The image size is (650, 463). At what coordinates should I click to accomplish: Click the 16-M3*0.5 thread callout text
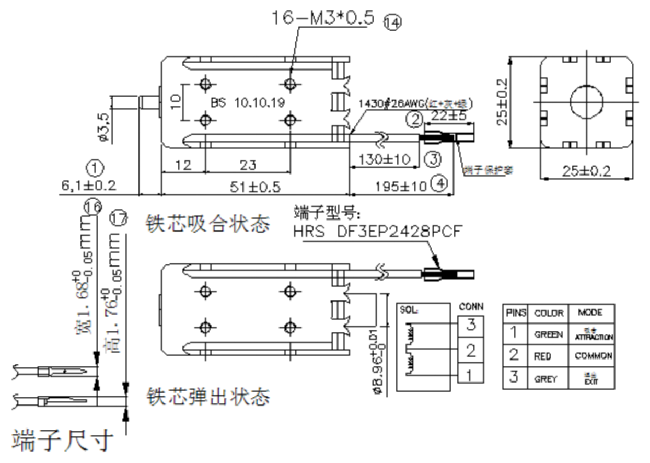[x=322, y=17]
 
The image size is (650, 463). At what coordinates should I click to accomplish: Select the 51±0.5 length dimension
[x=256, y=187]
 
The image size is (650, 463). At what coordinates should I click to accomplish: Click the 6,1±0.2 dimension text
[x=89, y=185]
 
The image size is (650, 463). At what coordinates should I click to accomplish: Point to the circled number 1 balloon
[x=95, y=168]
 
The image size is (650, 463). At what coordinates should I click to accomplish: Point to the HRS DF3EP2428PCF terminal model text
[x=379, y=231]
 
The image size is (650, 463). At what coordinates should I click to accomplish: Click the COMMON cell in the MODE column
[x=593, y=356]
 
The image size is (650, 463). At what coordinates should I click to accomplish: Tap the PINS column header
[x=516, y=313]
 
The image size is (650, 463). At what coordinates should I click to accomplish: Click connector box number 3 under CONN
[x=471, y=325]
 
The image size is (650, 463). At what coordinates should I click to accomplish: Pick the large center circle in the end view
[x=586, y=100]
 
